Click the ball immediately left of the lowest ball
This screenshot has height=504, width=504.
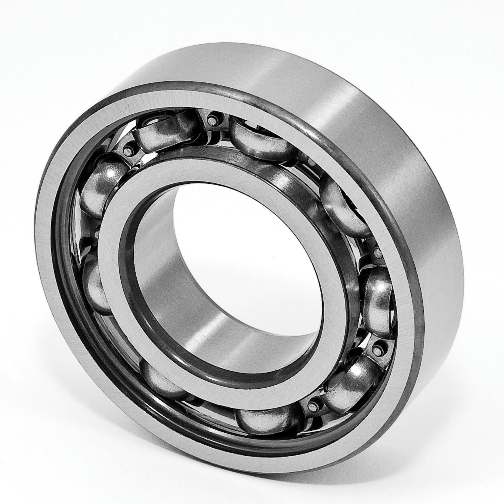[x=161, y=380]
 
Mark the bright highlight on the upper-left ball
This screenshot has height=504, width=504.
[x=109, y=173]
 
